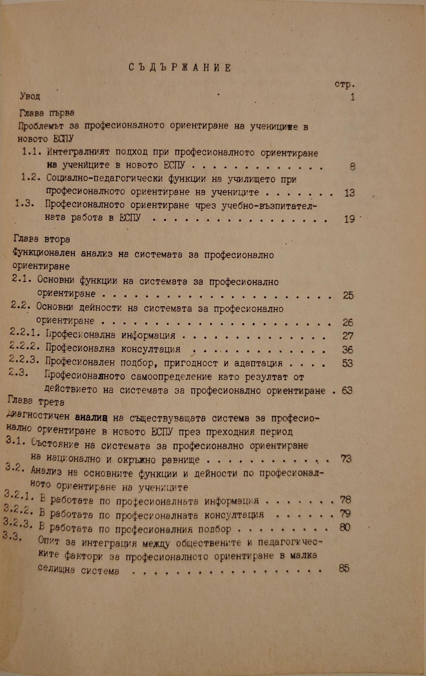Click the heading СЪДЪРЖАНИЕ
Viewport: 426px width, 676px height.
point(180,68)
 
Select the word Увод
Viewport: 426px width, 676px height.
point(30,96)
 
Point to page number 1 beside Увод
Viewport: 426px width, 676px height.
point(352,98)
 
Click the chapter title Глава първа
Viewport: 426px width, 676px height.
point(47,113)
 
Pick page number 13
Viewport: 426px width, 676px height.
point(348,193)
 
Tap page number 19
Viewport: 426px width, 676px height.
point(349,219)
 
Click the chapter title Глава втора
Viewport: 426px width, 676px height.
point(42,239)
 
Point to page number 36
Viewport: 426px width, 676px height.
point(347,349)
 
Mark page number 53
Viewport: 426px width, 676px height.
point(347,363)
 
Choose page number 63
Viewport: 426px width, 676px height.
point(347,390)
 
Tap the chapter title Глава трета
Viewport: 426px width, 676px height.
point(36,402)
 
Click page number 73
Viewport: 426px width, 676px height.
point(346,459)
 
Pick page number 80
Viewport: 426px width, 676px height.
point(345,527)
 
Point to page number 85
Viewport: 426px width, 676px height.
point(344,569)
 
